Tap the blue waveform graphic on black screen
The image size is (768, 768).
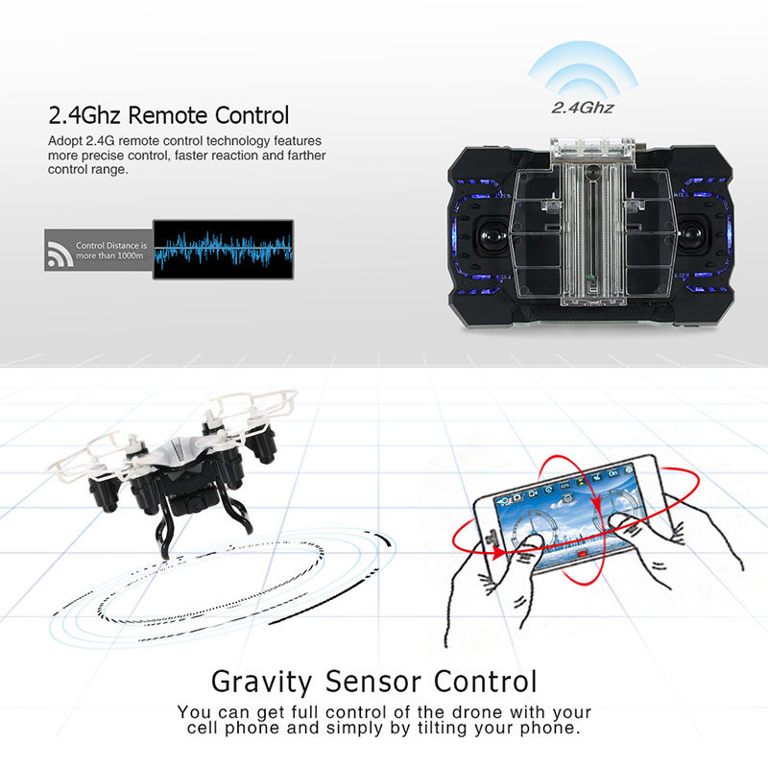coord(224,249)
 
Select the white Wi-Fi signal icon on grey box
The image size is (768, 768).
coord(60,255)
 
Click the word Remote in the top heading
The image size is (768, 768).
coord(168,115)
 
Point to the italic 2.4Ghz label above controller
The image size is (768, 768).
coord(583,108)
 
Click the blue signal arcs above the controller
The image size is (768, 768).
coord(583,67)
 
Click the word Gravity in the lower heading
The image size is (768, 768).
coord(261,682)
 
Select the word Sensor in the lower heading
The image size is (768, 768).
coord(373,682)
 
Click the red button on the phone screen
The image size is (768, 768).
coord(582,554)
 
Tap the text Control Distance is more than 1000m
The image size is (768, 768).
coord(111,251)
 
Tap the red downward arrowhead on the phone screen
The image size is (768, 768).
coord(596,504)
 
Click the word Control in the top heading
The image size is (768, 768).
coord(252,115)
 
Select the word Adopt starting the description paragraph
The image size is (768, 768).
coord(65,141)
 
